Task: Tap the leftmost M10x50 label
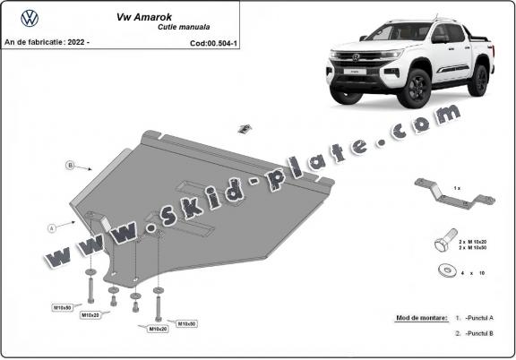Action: pyautogui.click(x=62, y=307)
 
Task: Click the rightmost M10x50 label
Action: pyautogui.click(x=186, y=323)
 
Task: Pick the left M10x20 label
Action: pyautogui.click(x=90, y=315)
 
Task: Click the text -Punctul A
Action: pyautogui.click(x=480, y=318)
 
